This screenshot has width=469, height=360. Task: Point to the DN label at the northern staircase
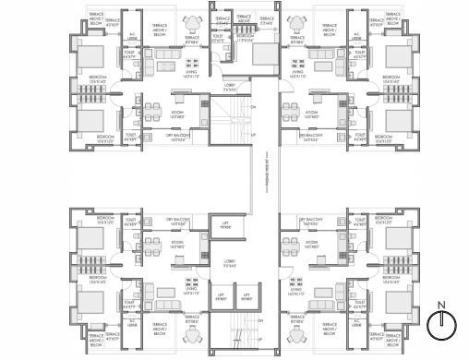253,106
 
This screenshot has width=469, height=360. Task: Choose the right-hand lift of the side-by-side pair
247,298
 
